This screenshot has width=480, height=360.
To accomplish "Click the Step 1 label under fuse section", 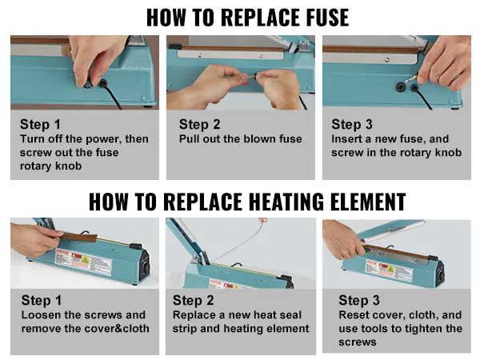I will coord(41,125).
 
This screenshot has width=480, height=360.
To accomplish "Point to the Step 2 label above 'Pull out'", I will coord(200,124).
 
